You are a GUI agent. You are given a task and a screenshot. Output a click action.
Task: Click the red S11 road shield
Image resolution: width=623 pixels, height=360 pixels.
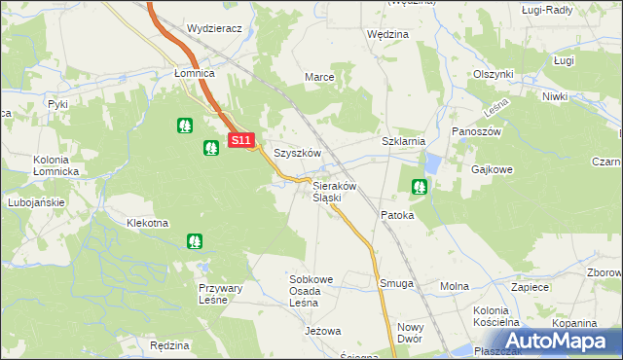pos(242,141)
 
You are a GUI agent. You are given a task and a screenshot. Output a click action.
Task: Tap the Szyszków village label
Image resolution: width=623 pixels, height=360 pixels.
pos(297,154)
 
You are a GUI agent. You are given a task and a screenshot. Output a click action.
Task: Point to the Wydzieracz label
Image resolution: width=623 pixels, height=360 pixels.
pos(214,29)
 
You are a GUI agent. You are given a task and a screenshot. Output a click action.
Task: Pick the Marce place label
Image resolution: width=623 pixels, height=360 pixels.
pos(320,77)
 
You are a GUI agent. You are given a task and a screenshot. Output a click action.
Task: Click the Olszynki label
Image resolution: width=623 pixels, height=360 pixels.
pos(494,74)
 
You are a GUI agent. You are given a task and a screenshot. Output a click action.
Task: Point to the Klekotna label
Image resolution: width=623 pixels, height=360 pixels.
pos(148,223)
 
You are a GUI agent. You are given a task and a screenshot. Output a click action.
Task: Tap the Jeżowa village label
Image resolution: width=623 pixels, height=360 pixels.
pos(323,332)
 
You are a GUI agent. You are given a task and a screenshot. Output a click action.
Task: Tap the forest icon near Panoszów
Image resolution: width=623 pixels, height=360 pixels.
pos(420,186)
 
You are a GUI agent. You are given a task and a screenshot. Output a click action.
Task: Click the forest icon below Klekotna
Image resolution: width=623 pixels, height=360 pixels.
pos(195,240)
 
